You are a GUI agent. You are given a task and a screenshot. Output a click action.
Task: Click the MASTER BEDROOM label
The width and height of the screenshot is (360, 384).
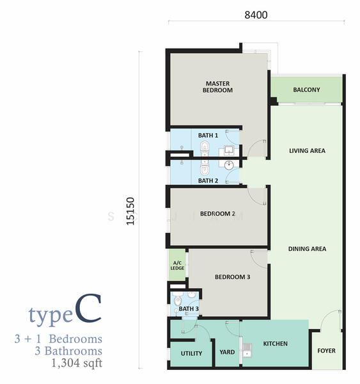217,87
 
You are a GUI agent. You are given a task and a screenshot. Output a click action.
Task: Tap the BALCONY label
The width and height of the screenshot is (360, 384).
306,90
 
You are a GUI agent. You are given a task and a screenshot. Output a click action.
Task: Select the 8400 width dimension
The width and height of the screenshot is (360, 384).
256,15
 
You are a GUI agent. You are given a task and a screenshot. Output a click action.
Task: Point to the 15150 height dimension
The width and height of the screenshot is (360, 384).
130,211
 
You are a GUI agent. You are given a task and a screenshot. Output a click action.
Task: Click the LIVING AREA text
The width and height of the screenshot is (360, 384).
307,151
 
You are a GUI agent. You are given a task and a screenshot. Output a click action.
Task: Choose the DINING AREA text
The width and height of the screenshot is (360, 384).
307,249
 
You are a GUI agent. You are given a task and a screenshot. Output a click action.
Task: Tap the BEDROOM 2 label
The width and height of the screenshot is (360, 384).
217,214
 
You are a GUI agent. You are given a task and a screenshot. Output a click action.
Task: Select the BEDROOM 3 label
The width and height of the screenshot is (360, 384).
233,277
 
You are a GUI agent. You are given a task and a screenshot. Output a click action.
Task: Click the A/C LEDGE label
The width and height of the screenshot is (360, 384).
177,266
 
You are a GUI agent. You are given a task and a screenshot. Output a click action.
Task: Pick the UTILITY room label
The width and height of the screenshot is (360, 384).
191,353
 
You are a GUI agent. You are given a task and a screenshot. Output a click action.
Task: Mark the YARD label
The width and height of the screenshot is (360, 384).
227,352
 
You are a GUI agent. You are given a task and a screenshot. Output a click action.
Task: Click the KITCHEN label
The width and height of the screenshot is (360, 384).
276,344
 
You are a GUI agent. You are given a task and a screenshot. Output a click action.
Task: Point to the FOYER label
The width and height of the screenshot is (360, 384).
326,351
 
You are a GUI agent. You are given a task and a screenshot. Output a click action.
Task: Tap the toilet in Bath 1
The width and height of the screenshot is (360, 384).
205,148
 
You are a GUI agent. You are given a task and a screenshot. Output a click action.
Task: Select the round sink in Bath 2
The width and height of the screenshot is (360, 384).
229,165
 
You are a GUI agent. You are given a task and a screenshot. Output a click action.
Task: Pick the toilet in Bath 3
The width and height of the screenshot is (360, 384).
176,300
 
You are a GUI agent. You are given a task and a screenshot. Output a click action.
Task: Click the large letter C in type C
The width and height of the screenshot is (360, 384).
88,308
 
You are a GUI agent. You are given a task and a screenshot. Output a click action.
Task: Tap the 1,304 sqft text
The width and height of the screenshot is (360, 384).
77,363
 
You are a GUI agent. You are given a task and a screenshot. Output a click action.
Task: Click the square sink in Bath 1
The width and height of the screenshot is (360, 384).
229,150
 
